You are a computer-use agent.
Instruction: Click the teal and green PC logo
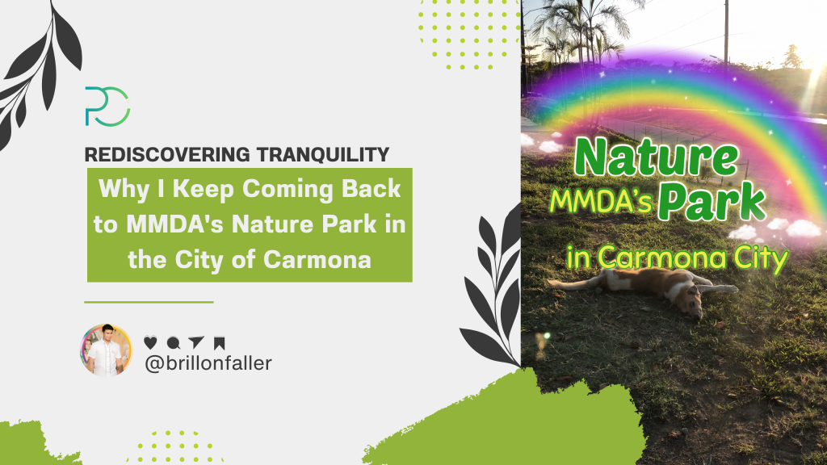tap(107, 106)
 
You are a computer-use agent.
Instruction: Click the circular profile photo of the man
tap(106, 350)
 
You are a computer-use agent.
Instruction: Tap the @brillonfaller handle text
tap(208, 364)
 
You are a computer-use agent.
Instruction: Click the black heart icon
tap(149, 342)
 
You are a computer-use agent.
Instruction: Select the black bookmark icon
tap(219, 342)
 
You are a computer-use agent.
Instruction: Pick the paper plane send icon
tap(195, 342)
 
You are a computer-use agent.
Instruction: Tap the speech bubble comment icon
tap(172, 342)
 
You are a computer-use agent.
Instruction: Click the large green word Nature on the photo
tap(656, 159)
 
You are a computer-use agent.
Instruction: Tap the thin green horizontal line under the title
tap(149, 302)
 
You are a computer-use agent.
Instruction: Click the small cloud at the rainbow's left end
tap(550, 146)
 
